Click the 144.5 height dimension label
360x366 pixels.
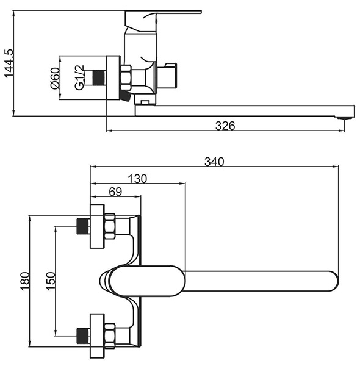[x=9, y=63]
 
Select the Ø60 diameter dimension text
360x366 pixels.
[x=55, y=78]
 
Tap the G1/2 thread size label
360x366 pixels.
[x=79, y=77]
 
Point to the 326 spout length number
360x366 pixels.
[x=225, y=126]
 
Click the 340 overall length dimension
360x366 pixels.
[x=214, y=162]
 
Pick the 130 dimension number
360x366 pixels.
[x=137, y=179]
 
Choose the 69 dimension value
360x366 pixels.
[x=115, y=192]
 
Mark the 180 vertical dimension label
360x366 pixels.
[x=25, y=281]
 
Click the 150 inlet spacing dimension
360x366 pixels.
[x=51, y=281]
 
